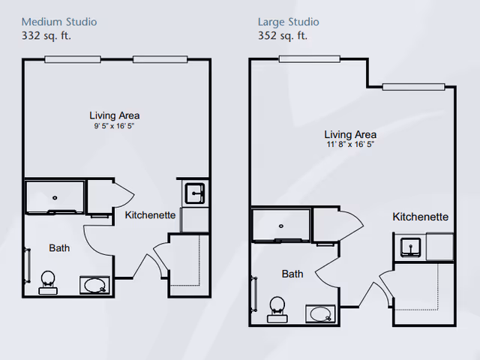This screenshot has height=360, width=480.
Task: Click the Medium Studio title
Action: (x=58, y=22)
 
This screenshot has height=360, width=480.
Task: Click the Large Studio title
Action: (x=288, y=22)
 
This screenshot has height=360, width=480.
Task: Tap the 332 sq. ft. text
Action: (x=50, y=34)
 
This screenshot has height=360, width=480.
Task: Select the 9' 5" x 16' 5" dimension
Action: (x=113, y=127)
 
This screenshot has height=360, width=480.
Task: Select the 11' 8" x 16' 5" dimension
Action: (x=350, y=144)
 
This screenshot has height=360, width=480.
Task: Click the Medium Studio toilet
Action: (x=48, y=280)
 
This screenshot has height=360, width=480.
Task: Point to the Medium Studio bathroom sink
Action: (x=95, y=285)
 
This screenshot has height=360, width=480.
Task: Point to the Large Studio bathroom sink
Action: (x=321, y=313)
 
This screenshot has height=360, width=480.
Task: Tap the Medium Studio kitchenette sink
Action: (x=193, y=193)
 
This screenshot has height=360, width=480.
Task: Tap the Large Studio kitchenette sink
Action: (x=409, y=246)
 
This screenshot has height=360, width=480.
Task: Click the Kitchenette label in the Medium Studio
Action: (x=150, y=215)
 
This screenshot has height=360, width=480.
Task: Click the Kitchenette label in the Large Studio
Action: (x=420, y=217)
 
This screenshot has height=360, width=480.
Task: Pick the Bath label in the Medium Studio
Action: (x=59, y=248)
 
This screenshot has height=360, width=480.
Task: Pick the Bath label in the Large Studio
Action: (x=292, y=274)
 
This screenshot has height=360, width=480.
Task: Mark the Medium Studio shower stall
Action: (x=55, y=197)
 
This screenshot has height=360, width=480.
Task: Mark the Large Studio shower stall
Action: (x=280, y=225)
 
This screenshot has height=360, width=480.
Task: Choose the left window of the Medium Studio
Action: (x=73, y=59)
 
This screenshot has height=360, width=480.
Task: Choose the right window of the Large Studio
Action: (x=412, y=86)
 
